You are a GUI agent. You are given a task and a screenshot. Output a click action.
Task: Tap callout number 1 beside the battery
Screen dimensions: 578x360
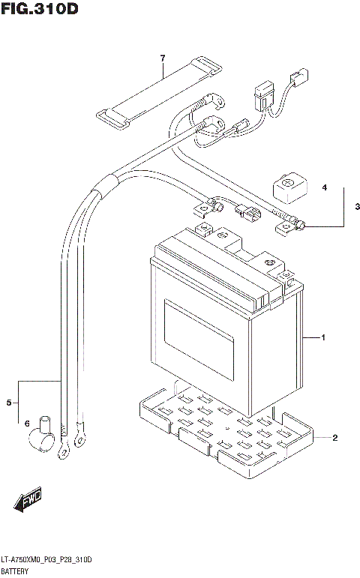pos(322,339)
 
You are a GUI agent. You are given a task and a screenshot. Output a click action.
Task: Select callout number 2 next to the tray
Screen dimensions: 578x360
pos(335,437)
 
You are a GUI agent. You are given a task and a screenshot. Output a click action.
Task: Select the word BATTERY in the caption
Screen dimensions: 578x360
pos(17,571)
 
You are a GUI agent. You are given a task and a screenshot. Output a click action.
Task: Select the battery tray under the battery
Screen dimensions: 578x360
pos(225,435)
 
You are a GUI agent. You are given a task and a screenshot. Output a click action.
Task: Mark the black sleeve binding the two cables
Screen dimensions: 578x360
pos(105,182)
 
